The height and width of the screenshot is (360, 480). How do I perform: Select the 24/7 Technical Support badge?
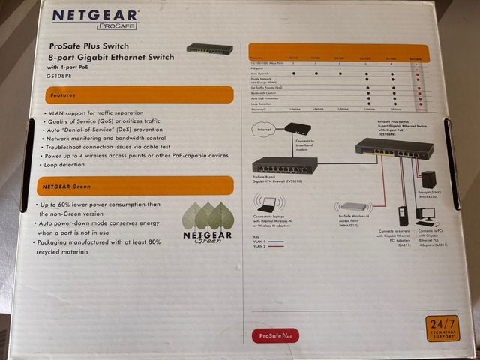(442, 328)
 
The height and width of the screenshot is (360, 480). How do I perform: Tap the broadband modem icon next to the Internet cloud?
(297, 129)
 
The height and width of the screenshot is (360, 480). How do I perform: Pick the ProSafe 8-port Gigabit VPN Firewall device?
(284, 165)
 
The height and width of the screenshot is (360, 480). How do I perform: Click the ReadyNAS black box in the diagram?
(428, 179)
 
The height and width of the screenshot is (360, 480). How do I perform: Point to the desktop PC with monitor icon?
(426, 214)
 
